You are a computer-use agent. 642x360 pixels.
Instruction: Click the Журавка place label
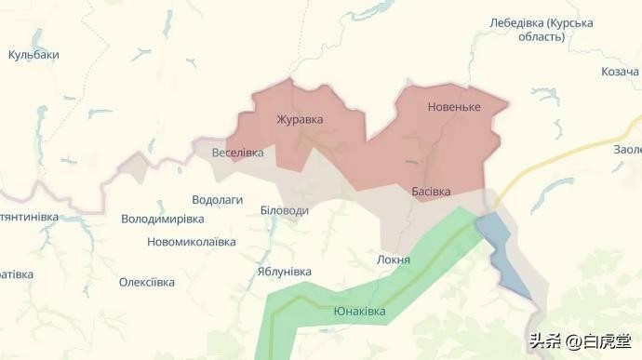tap(300, 120)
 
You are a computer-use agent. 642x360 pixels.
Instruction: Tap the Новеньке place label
tap(454, 107)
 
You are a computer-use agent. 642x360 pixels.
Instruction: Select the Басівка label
tap(431, 191)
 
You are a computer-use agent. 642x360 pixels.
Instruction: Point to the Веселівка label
tap(237, 153)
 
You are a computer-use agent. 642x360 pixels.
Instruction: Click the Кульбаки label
tap(33, 55)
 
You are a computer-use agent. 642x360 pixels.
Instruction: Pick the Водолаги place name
tap(217, 200)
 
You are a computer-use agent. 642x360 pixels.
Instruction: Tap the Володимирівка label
tap(162, 220)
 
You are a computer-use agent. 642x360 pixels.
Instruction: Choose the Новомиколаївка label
tap(191, 242)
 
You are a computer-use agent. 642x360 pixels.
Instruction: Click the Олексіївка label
tap(146, 282)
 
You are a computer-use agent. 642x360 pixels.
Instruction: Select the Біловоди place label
tap(284, 211)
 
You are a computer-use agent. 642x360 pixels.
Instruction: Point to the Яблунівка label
tap(284, 272)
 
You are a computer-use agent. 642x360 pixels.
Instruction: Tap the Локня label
tap(394, 260)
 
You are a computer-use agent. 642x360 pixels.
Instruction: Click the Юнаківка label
tap(358, 312)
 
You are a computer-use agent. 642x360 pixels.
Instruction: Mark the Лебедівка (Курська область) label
tap(541, 29)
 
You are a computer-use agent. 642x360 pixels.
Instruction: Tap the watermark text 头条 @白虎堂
tap(580, 341)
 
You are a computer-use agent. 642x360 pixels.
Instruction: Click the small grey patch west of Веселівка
tap(137, 168)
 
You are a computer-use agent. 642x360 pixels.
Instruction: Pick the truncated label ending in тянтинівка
tap(29, 217)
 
